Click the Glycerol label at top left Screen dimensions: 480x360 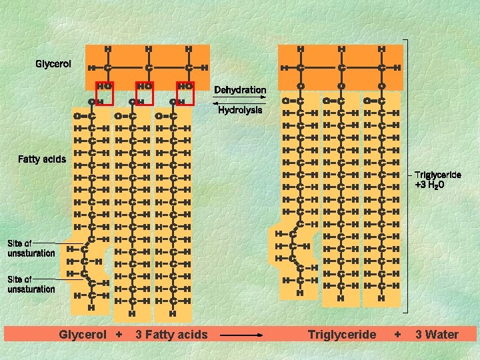[53, 64]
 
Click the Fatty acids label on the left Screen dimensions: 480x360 [41, 159]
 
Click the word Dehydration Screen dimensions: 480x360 [240, 90]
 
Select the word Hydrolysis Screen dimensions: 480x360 [240, 111]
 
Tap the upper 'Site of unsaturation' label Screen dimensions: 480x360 [31, 248]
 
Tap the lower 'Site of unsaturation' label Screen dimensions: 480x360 [31, 284]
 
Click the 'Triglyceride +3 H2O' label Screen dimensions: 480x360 [438, 179]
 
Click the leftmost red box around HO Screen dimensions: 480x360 [104, 94]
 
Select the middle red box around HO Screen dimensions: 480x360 [144, 94]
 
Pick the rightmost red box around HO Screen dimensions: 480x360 [185, 94]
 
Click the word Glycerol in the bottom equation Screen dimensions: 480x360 [83, 334]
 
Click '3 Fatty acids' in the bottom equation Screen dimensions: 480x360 [171, 334]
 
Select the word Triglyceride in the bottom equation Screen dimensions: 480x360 [342, 334]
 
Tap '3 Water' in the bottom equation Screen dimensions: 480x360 [437, 334]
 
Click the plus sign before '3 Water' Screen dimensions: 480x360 [398, 334]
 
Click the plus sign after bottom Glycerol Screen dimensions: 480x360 [119, 334]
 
